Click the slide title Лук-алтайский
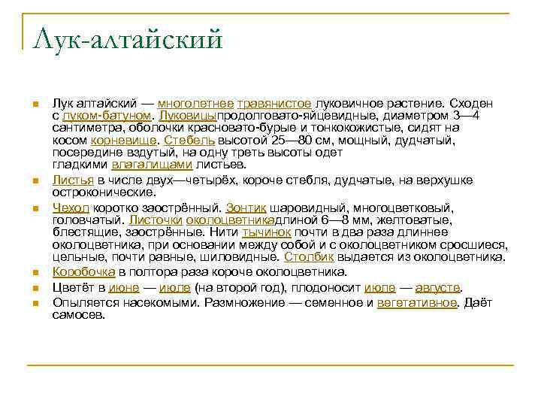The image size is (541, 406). click(x=128, y=38)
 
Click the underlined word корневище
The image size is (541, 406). click(x=124, y=141)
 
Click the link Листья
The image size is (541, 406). click(x=72, y=181)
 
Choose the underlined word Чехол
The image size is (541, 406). click(x=71, y=207)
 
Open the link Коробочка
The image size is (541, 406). click(x=83, y=272)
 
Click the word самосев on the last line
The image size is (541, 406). click(x=78, y=315)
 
